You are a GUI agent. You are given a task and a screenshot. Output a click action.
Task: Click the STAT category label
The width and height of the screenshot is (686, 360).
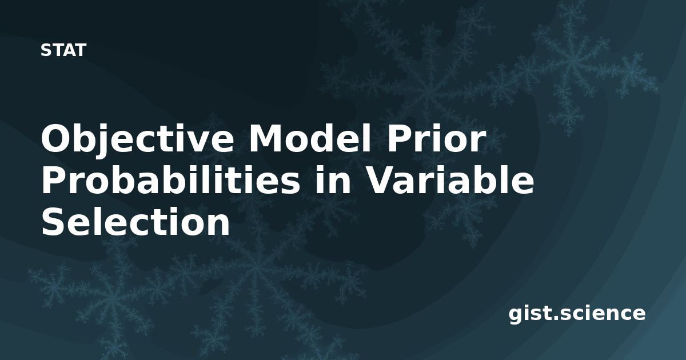click(x=63, y=50)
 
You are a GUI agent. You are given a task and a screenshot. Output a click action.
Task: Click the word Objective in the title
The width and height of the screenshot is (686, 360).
click(x=138, y=141)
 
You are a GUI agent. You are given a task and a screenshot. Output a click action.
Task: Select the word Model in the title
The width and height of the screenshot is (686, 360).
click(x=309, y=138)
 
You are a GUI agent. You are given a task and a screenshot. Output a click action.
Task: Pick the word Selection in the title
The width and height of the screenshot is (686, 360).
click(x=135, y=221)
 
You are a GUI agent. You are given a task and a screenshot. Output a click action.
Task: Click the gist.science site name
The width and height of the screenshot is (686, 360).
click(x=577, y=314)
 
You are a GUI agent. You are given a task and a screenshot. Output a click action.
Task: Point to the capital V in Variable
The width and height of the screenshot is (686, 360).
click(x=382, y=181)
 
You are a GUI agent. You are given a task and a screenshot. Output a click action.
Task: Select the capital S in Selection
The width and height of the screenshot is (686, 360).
click(x=54, y=221)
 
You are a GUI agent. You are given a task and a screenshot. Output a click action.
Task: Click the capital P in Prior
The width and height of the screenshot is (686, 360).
click(x=400, y=139)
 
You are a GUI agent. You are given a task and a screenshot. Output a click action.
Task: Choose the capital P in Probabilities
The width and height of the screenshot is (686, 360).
click(x=55, y=181)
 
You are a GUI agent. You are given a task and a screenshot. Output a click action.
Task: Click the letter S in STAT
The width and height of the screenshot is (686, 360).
click(x=45, y=50)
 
